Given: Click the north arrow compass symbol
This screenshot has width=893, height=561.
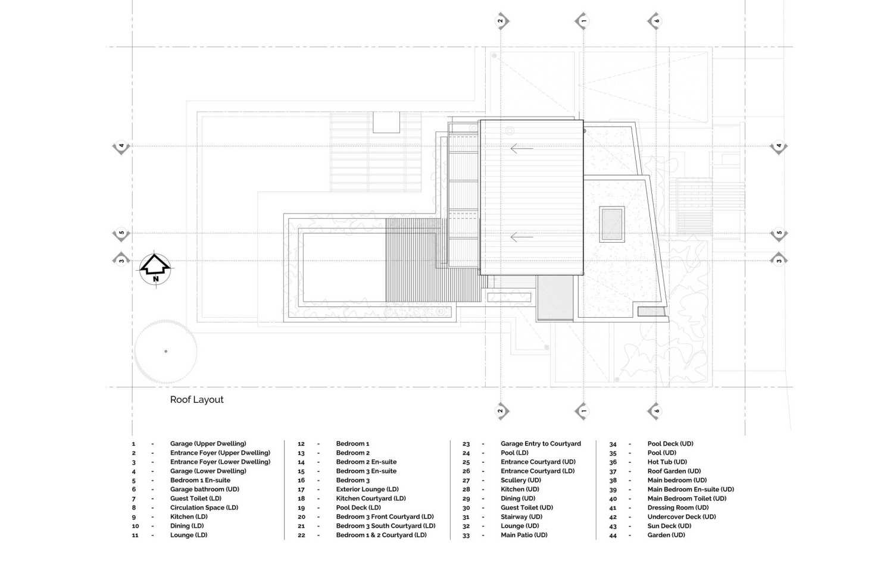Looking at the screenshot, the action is pos(155,269).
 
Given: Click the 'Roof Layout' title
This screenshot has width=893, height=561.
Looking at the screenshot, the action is pos(196,400).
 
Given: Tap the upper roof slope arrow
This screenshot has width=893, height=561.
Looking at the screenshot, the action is pos(522,148).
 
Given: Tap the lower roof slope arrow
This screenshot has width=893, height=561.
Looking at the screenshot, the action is pos(522,237).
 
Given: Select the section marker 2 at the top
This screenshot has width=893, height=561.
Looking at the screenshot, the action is pos(501,21).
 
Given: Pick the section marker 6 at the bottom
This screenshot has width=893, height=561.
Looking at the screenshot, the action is pos(655,411).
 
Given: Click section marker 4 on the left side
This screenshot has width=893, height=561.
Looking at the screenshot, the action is pos(121,146).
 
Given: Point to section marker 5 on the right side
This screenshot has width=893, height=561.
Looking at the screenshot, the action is pos(779,234).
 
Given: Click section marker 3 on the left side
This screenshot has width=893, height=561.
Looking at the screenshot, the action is pos(121,260).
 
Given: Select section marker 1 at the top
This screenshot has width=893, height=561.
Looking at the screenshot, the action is pos(582,21).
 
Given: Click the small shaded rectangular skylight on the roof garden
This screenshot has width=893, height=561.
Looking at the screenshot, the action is pos(612,224).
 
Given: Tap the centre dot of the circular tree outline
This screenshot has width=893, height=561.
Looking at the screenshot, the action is pos(166,352).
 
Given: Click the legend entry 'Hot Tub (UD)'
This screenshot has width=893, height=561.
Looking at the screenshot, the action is pos(667,462).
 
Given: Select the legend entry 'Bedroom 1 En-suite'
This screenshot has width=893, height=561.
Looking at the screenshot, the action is pos(200,481).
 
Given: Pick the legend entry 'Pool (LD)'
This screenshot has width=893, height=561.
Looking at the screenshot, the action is pos(515,453).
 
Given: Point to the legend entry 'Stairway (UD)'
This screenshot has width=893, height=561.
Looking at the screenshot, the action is pos(522,517).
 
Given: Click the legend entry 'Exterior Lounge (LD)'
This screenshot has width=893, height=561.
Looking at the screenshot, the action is pos(367,490).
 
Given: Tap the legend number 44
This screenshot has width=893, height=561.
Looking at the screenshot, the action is pos(613,535).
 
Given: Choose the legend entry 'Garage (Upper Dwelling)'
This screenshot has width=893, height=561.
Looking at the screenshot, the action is pos(208,444).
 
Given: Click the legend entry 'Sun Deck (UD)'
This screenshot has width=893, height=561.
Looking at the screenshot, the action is pos(669,526).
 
